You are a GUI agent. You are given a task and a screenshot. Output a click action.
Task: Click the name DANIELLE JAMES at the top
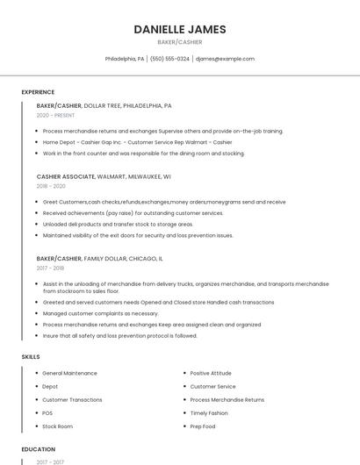click(180, 29)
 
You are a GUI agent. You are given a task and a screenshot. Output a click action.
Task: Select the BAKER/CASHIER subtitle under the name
click(180, 42)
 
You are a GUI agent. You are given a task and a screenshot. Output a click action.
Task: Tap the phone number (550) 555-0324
click(170, 59)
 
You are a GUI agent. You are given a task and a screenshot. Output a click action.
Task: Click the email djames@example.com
click(225, 59)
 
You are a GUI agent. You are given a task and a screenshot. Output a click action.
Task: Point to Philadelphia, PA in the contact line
click(125, 59)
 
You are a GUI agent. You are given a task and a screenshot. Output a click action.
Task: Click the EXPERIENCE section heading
click(38, 92)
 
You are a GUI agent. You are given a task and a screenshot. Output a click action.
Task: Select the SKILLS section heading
click(31, 357)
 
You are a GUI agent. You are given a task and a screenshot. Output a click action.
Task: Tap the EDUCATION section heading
click(38, 449)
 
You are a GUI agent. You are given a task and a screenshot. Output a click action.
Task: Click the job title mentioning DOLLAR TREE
click(104, 105)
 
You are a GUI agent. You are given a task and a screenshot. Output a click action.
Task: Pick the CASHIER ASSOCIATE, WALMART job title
click(104, 176)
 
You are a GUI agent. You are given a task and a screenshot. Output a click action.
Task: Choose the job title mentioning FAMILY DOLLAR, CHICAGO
click(99, 259)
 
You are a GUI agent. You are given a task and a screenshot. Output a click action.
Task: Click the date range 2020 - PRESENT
click(55, 115)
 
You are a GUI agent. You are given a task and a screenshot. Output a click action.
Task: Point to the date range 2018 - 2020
click(51, 186)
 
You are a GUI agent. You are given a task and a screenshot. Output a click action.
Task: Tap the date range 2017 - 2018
click(51, 268)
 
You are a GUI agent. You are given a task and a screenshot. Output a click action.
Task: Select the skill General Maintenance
click(69, 374)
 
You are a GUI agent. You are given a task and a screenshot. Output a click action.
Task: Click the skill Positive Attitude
click(212, 374)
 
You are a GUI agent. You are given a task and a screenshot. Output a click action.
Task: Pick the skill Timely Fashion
click(209, 413)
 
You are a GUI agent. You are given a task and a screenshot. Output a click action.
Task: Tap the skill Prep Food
click(203, 426)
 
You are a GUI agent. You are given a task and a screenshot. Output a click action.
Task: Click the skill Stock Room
click(57, 426)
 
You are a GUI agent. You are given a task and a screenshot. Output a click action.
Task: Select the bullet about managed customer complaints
click(100, 313)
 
